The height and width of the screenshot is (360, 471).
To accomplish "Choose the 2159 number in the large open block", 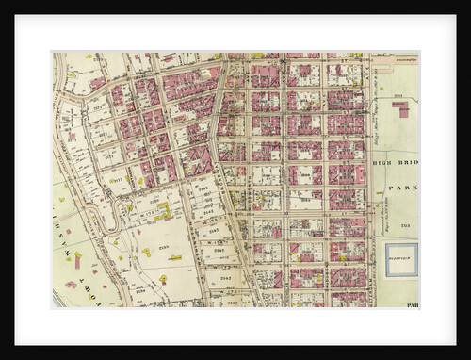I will (162, 246).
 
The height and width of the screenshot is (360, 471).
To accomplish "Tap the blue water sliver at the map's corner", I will (57, 299).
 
